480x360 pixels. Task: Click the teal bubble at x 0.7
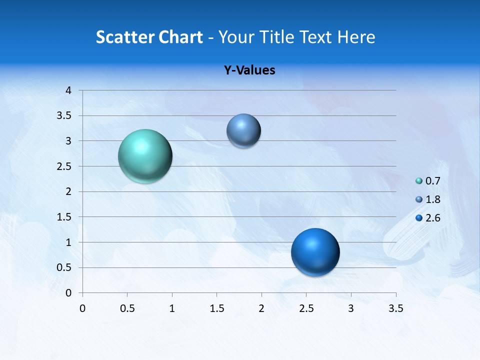point(145,156)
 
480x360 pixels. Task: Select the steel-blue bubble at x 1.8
point(243,131)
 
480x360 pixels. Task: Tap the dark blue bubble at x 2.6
point(315,252)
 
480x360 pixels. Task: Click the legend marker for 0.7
point(419,181)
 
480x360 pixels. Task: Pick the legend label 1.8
point(433,199)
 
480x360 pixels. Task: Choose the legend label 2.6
point(433,218)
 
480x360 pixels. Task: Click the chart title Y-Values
point(249,70)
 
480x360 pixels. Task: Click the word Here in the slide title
point(355,37)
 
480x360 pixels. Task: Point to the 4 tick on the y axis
point(68,90)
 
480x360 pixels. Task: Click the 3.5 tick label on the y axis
point(65,116)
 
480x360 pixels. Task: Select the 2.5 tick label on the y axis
point(65,166)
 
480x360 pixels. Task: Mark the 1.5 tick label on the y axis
point(65,217)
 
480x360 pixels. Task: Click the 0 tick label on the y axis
point(68,293)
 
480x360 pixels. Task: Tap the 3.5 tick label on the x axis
point(395,308)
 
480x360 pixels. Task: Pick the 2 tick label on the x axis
point(261,308)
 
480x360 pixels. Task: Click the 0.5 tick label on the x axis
point(127,308)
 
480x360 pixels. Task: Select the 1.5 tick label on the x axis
point(216,308)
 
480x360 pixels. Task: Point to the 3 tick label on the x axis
point(351,308)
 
